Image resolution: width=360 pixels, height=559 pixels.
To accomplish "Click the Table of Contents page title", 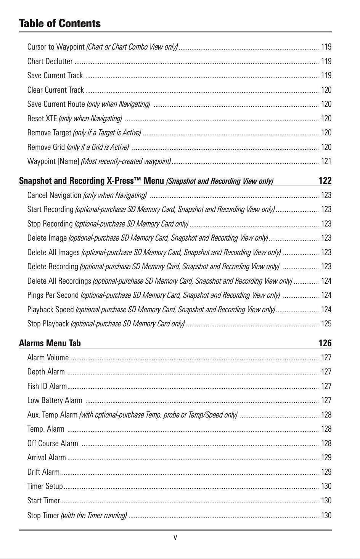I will tap(59, 23).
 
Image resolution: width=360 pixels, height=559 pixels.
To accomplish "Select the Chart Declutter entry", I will tap(50, 61).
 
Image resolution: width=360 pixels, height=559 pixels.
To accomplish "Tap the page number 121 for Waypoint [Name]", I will tap(326, 161).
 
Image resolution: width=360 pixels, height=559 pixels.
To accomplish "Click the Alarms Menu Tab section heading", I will tap(50, 343).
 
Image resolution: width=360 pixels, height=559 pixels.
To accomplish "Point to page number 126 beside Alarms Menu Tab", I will tap(325, 343).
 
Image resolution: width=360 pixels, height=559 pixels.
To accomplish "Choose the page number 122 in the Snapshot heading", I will tap(325, 181).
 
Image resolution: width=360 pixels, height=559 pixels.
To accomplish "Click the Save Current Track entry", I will tap(55, 75).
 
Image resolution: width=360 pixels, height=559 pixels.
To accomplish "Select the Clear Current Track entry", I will tap(56, 90).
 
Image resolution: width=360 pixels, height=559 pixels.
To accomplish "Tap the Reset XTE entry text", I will tap(42, 119).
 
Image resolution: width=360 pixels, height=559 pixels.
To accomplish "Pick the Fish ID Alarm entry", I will tap(47, 386).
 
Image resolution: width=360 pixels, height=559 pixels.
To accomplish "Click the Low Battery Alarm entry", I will tap(55, 400).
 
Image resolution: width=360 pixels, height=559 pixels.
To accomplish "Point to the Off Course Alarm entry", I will tap(53, 443).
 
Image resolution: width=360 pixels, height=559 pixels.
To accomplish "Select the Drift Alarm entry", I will tap(43, 472).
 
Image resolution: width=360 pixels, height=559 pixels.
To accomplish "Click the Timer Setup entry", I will tap(45, 486).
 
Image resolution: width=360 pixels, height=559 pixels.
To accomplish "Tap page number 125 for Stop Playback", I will tap(326, 324).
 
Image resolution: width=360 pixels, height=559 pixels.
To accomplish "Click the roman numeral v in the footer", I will tap(175, 538).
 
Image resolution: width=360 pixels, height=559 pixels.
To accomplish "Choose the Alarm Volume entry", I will tap(48, 358).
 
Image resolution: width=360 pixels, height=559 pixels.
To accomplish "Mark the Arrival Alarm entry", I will tap(47, 458).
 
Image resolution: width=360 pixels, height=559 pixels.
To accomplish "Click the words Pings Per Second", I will tap(53, 295).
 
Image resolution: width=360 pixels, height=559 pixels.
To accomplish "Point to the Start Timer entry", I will tap(43, 501).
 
